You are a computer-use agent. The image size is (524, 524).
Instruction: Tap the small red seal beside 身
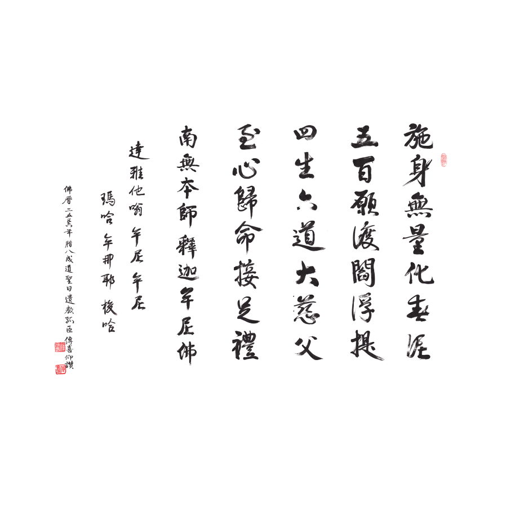point(443,160)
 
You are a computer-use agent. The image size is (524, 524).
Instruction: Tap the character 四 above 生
point(306,135)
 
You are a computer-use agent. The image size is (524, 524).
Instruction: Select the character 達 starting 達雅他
point(136,151)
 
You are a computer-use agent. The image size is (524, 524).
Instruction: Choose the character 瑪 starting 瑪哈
point(107,199)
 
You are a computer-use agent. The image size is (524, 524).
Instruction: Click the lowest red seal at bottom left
point(61,370)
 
